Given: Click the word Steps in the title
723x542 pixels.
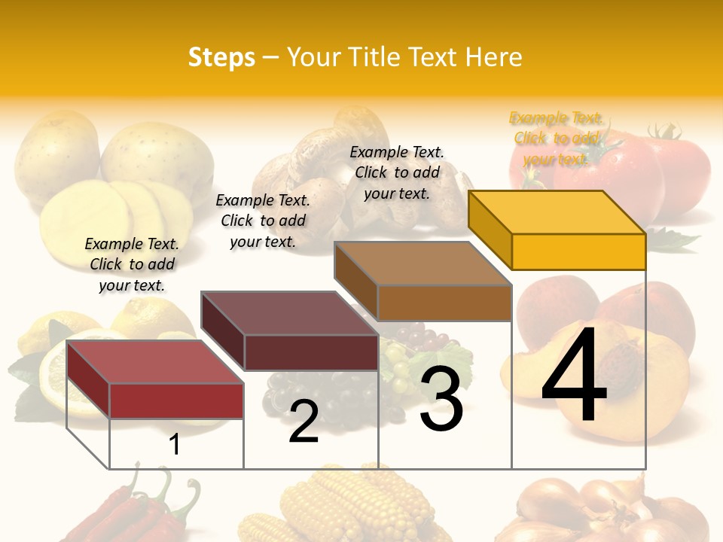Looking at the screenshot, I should click(x=221, y=57).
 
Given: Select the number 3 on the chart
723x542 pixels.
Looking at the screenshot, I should click(x=441, y=398).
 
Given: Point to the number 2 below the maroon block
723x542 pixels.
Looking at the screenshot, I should click(x=304, y=422).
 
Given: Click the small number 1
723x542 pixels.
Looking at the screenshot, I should click(x=175, y=444).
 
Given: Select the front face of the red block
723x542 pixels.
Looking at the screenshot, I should click(x=176, y=400).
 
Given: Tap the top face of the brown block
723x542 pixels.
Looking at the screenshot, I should click(x=423, y=263).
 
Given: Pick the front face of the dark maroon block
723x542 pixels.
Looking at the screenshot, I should click(x=311, y=352).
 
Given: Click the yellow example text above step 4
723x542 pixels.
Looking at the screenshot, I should click(x=556, y=139).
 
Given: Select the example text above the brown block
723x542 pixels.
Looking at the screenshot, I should click(x=397, y=173).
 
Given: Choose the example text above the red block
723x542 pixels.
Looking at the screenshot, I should click(x=132, y=265).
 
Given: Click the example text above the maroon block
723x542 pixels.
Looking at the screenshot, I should click(x=263, y=221).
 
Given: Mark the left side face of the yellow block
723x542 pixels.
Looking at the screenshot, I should click(x=490, y=229).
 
